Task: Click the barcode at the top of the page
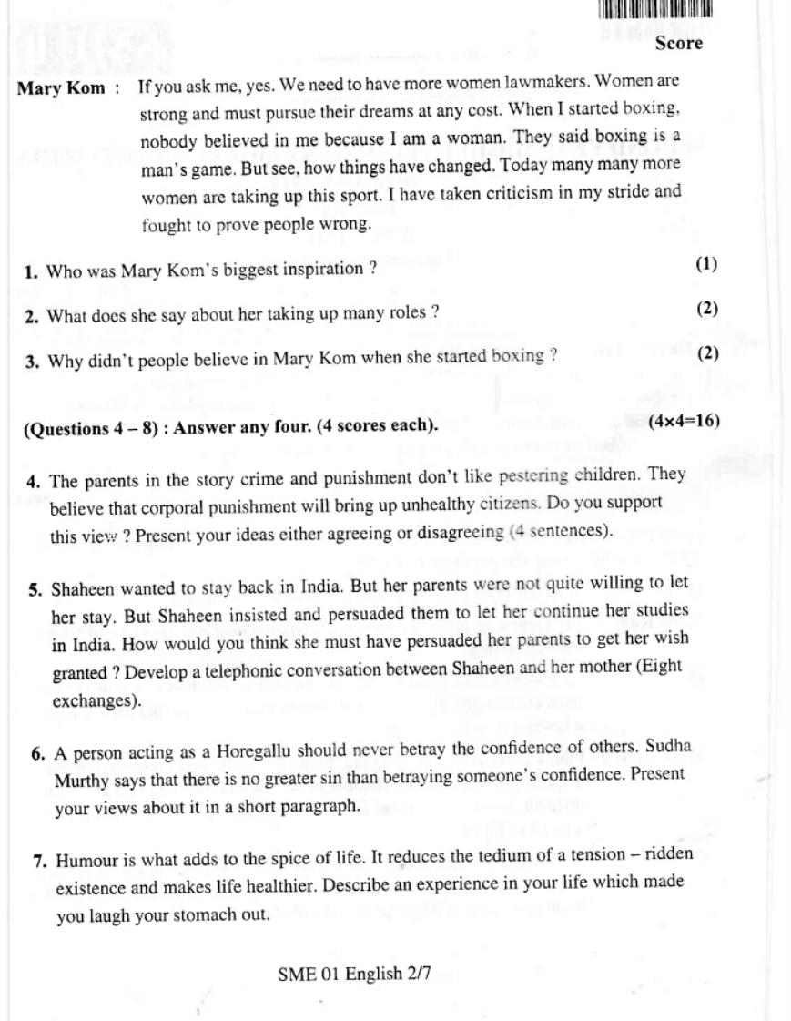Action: [655, 10]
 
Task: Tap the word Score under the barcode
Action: [678, 43]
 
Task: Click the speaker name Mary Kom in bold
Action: [61, 89]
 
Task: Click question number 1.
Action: [31, 271]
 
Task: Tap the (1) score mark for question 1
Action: [706, 265]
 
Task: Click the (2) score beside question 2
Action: [707, 309]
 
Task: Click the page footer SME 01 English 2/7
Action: [354, 975]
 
